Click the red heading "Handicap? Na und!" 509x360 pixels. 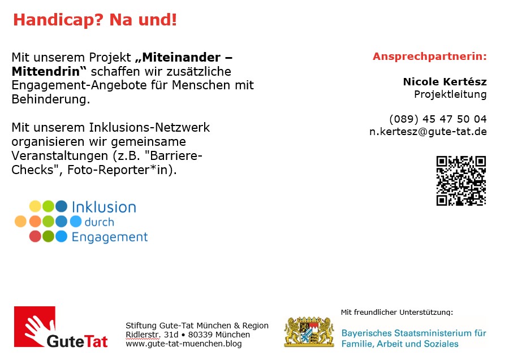pyautogui.click(x=95, y=20)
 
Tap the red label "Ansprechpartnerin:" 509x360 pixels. pyautogui.click(x=429, y=57)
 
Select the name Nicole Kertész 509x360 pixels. pyautogui.click(x=445, y=81)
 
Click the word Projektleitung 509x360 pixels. pyautogui.click(x=450, y=95)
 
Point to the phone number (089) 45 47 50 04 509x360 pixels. pyautogui.click(x=438, y=119)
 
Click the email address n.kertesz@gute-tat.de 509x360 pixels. pyautogui.click(x=428, y=132)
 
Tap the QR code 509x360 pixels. pyautogui.click(x=461, y=181)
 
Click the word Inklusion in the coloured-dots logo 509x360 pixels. pyautogui.click(x=104, y=207)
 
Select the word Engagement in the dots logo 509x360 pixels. pyautogui.click(x=110, y=237)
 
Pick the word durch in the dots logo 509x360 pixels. pyautogui.click(x=100, y=222)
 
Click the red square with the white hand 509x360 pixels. pyautogui.click(x=34, y=326)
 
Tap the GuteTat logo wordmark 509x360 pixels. pyautogui.click(x=77, y=341)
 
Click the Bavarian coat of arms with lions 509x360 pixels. pyautogui.click(x=309, y=332)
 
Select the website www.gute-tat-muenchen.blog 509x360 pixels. pyautogui.click(x=184, y=344)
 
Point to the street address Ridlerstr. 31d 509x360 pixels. pyautogui.click(x=152, y=335)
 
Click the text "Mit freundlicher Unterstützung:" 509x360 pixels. pyautogui.click(x=396, y=313)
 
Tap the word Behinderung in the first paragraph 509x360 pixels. pyautogui.click(x=51, y=99)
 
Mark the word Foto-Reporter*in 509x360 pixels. pyautogui.click(x=122, y=170)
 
